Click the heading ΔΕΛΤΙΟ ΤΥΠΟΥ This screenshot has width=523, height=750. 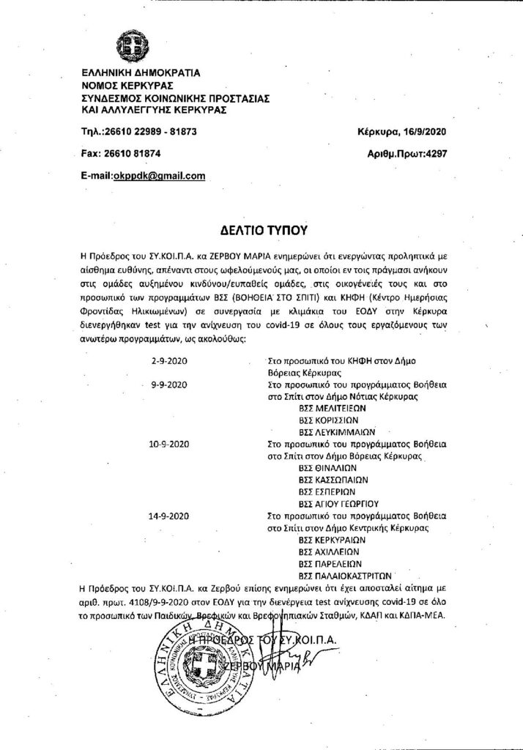tap(260, 229)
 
